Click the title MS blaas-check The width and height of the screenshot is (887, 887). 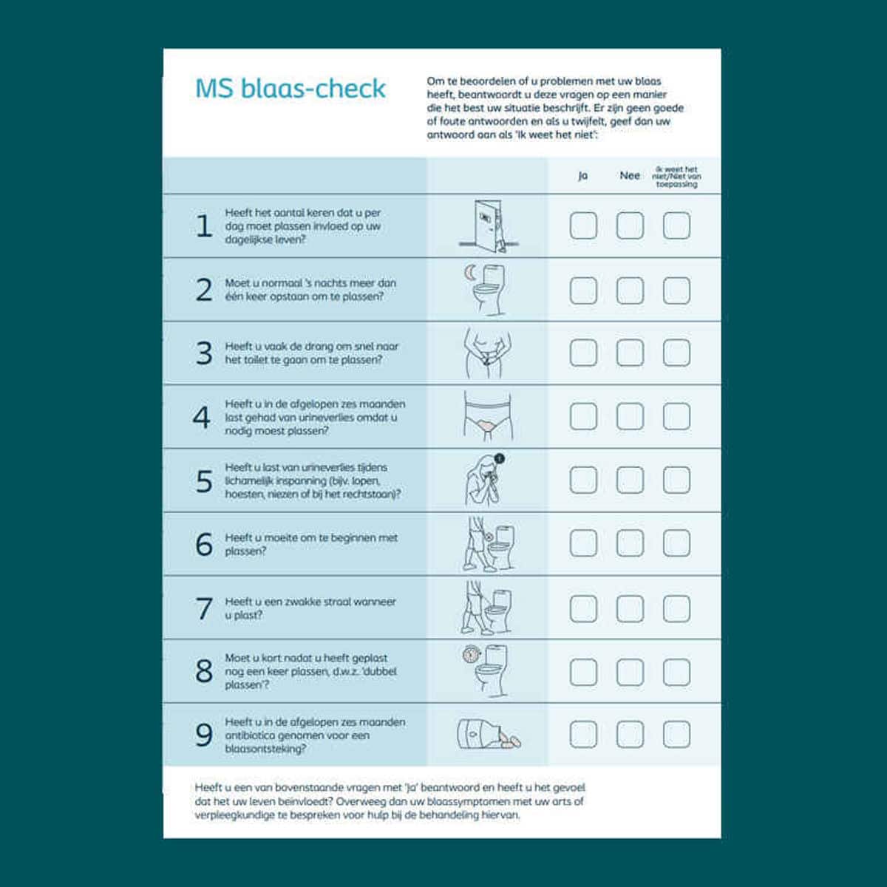tap(290, 89)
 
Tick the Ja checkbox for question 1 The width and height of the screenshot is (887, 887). tap(583, 225)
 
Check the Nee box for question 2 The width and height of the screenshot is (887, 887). tap(630, 290)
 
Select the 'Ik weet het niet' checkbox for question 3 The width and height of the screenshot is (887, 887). tap(676, 353)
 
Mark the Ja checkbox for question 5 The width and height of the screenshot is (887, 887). tap(583, 480)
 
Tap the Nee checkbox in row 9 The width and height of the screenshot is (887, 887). tap(630, 734)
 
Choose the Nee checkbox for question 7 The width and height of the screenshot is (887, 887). tap(630, 608)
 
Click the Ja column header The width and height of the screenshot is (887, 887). tap(582, 176)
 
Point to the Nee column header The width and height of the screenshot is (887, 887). tap(630, 175)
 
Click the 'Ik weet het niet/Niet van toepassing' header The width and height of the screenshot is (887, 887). tap(676, 177)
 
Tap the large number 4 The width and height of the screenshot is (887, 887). tap(202, 418)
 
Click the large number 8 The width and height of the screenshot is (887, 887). tap(204, 672)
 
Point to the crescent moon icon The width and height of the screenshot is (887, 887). tap(470, 273)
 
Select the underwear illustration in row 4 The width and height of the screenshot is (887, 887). tap(488, 416)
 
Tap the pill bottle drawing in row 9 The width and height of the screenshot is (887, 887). tap(489, 734)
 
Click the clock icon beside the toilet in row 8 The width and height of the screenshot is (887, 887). tap(471, 654)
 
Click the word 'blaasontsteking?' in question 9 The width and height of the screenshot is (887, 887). tap(265, 749)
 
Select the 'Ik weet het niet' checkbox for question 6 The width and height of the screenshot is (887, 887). tap(676, 543)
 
